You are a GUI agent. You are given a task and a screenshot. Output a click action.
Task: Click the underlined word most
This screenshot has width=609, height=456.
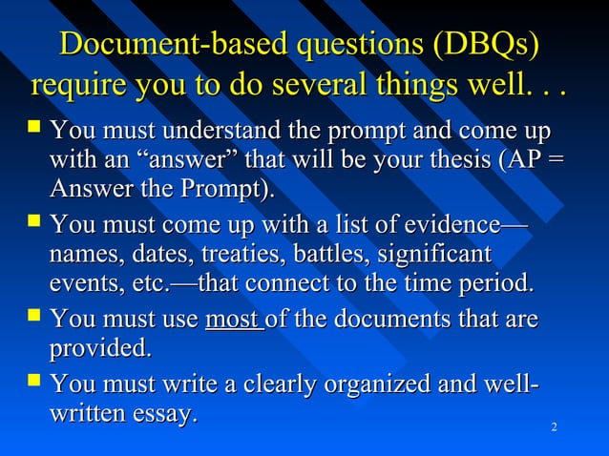click(232, 320)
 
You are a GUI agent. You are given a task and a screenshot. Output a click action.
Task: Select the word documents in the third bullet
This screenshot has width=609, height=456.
click(407, 320)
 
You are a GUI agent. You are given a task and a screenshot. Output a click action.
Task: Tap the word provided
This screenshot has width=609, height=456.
click(99, 349)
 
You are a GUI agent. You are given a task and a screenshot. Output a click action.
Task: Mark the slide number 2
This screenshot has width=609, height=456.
click(555, 425)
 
